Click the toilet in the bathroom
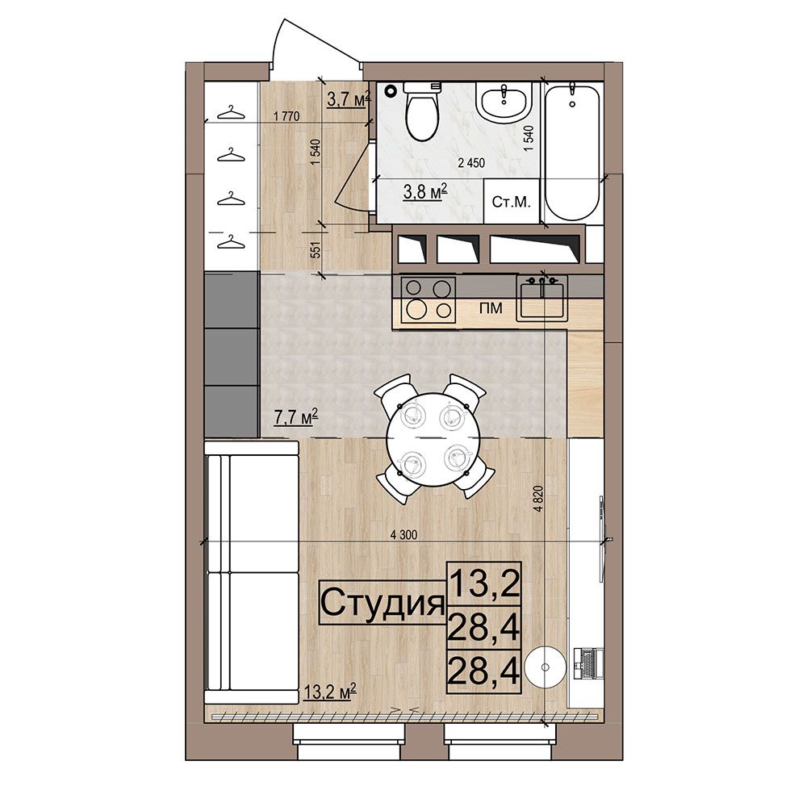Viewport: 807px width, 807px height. (x=421, y=111)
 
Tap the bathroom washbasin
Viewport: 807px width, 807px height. (x=504, y=100)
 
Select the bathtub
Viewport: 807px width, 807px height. (x=572, y=152)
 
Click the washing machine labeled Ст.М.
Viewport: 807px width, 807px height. (x=511, y=201)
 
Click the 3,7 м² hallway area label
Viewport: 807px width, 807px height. (x=349, y=98)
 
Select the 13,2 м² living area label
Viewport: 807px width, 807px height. (x=330, y=692)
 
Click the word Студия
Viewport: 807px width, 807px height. (x=383, y=603)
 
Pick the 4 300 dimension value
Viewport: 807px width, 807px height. (x=404, y=535)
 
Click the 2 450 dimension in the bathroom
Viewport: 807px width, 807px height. (x=471, y=163)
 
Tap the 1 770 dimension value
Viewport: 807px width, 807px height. (x=286, y=116)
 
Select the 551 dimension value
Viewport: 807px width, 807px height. (x=316, y=249)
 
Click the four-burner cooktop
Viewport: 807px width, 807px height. (x=429, y=300)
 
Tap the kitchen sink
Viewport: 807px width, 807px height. (x=542, y=299)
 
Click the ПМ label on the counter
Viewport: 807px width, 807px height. (x=491, y=308)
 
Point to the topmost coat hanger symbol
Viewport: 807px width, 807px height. (x=230, y=113)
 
